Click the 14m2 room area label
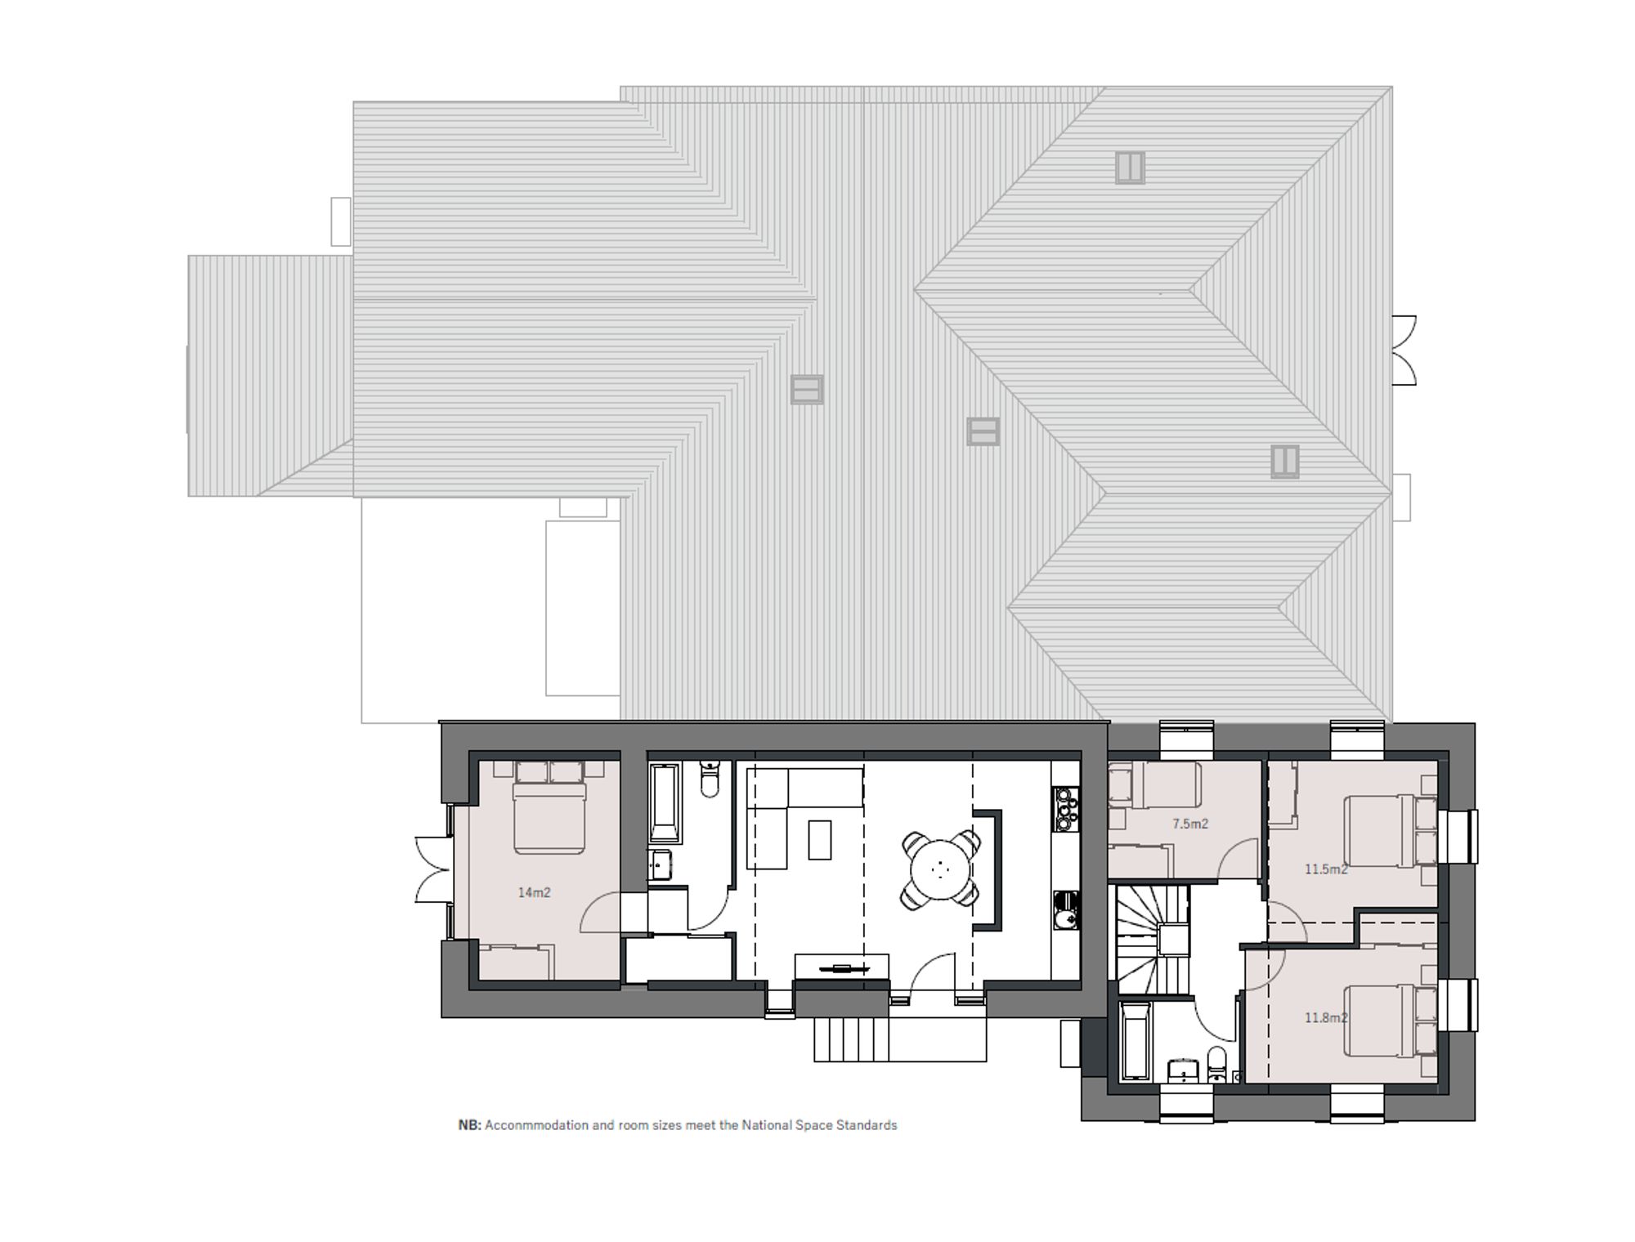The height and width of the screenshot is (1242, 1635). (534, 892)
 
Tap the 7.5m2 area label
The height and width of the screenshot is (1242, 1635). (1189, 824)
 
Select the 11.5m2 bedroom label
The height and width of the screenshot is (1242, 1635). (1325, 869)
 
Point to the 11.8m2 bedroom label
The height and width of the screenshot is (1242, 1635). (1325, 1018)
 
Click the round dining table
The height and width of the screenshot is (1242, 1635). (940, 869)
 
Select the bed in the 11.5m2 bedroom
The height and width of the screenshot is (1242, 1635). (1391, 831)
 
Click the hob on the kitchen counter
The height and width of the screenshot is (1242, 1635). (1066, 808)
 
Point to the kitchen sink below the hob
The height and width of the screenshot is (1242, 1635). (1066, 910)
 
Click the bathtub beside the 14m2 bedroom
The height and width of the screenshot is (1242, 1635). (665, 803)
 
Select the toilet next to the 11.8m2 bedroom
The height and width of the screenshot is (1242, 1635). (1217, 1065)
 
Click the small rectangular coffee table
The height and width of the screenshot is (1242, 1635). (820, 840)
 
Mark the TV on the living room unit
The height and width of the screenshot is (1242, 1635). (842, 969)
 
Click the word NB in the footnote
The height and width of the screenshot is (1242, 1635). (469, 1125)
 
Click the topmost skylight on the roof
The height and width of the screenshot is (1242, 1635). (1130, 168)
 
